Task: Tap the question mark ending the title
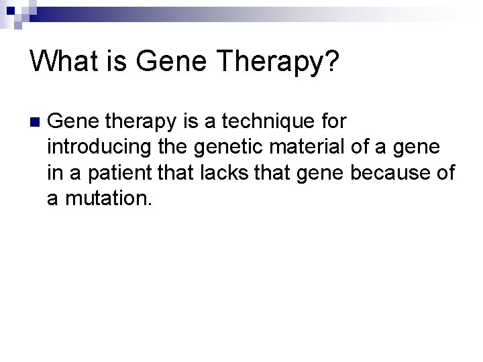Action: pyautogui.click(x=331, y=62)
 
